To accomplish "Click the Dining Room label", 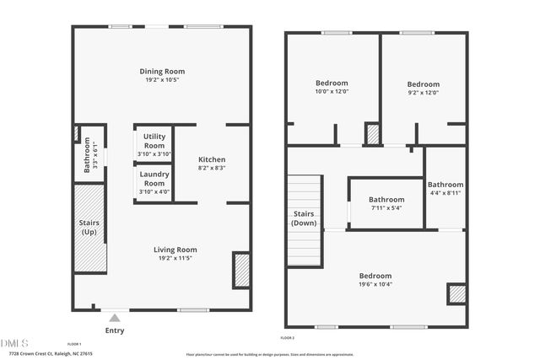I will pyautogui.click(x=162, y=72).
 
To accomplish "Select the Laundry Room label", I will pyautogui.click(x=154, y=179).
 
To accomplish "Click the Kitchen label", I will pyautogui.click(x=212, y=160).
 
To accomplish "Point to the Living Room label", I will pyautogui.click(x=175, y=250).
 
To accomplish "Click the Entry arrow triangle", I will pyautogui.click(x=114, y=317).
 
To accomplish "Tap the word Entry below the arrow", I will pyautogui.click(x=114, y=330).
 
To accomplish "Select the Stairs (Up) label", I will pyautogui.click(x=89, y=227).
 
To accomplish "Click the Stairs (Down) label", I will pyautogui.click(x=304, y=218).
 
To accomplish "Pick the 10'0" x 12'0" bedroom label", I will pyautogui.click(x=332, y=83).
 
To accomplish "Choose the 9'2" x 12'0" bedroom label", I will pyautogui.click(x=423, y=84).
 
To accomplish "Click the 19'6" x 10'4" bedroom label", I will pyautogui.click(x=375, y=276).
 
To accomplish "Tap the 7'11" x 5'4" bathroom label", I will pyautogui.click(x=386, y=200).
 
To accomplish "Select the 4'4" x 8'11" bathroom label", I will pyautogui.click(x=445, y=185).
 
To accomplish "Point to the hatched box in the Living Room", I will pyautogui.click(x=241, y=271).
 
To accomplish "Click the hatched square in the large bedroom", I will pyautogui.click(x=456, y=293).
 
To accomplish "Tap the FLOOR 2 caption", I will pyautogui.click(x=288, y=337).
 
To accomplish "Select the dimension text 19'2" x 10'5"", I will pyautogui.click(x=162, y=81).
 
